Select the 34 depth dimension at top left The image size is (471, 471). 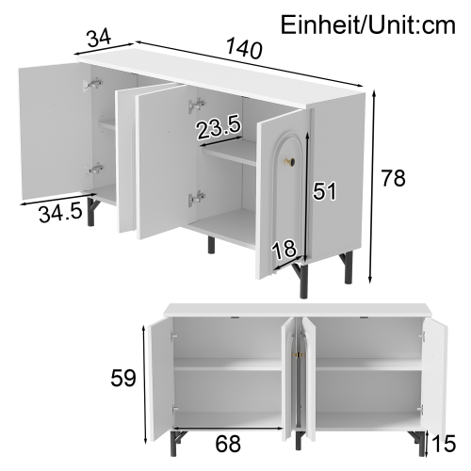(x=98, y=39)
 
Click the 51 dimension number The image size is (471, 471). (x=324, y=192)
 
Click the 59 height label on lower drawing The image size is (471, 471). (x=122, y=379)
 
